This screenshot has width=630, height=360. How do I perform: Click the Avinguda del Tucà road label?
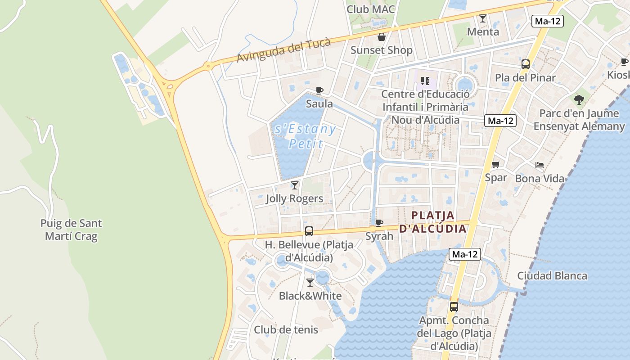point(283,50)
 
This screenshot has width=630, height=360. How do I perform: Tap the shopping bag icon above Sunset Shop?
point(381,37)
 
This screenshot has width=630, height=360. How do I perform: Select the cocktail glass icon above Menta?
point(483,18)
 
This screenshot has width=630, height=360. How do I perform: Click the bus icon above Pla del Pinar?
point(525,64)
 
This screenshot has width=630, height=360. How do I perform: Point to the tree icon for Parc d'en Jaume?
point(579,99)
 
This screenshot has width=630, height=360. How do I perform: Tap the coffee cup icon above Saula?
point(319,90)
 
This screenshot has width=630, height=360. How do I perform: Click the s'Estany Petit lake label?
point(306,136)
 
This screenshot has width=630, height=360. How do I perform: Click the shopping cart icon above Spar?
point(495,165)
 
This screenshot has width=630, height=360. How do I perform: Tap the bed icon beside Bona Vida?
point(540,165)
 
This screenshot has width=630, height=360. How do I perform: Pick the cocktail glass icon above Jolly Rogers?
point(295,185)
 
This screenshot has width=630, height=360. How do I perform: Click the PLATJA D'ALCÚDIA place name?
point(433,222)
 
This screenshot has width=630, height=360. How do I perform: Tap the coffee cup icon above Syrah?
point(379,223)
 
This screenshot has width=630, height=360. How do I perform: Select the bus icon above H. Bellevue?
point(309,231)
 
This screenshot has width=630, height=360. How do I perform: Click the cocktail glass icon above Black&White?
point(310,283)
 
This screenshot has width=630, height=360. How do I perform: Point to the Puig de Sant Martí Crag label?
point(71,229)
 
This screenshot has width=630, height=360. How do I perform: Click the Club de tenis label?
point(286,330)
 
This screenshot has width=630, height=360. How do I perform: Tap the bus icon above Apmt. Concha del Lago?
point(454,307)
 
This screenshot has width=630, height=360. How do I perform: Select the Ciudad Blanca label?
point(552,276)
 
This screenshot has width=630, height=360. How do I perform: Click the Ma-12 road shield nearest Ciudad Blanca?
point(465,254)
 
